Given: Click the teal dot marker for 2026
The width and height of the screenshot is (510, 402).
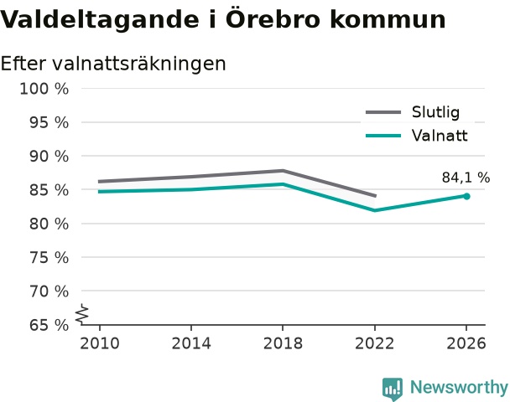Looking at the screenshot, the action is pyautogui.click(x=466, y=196).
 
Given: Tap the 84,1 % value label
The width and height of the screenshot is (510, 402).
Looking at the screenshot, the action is pyautogui.click(x=466, y=178).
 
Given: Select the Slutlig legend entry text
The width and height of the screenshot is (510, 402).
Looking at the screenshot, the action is pyautogui.click(x=435, y=112).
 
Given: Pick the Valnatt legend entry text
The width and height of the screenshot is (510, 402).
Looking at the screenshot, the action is pyautogui.click(x=440, y=136).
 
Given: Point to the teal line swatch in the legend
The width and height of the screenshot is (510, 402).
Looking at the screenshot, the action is pyautogui.click(x=383, y=136).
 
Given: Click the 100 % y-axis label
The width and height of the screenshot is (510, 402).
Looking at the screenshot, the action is pyautogui.click(x=44, y=89).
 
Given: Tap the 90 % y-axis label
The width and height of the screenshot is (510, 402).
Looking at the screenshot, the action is pyautogui.click(x=49, y=157).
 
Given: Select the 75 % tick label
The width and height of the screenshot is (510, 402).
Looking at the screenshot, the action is pyautogui.click(x=49, y=258).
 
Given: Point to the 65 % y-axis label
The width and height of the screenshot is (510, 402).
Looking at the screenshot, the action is pyautogui.click(x=49, y=325).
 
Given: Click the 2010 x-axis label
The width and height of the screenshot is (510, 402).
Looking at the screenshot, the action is pyautogui.click(x=100, y=343).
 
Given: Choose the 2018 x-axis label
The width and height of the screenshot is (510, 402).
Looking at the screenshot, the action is pyautogui.click(x=283, y=343).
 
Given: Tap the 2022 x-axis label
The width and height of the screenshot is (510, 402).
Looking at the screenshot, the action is pyautogui.click(x=374, y=343).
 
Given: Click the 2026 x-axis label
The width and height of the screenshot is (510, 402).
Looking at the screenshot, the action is pyautogui.click(x=466, y=343).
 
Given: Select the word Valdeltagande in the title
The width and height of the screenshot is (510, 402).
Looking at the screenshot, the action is pyautogui.click(x=100, y=20).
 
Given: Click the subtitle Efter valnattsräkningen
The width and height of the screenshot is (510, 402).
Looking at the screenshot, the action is pyautogui.click(x=113, y=64).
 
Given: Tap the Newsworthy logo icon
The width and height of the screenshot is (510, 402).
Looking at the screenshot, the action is pyautogui.click(x=393, y=389).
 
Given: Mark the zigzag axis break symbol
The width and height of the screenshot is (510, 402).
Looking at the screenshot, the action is pyautogui.click(x=82, y=314).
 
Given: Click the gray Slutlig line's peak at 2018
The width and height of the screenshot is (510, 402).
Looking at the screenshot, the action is pyautogui.click(x=283, y=171).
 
